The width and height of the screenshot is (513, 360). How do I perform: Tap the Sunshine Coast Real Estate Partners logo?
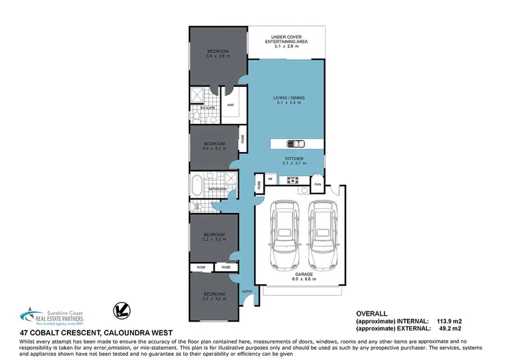(x=47, y=313)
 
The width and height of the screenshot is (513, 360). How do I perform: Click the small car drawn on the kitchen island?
(x=295, y=144)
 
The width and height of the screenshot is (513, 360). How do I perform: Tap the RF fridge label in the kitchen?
(x=271, y=179)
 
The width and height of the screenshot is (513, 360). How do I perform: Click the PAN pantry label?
(x=317, y=185)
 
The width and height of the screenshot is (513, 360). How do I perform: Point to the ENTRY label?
(x=247, y=292)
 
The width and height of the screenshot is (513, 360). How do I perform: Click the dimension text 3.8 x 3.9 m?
(x=218, y=56)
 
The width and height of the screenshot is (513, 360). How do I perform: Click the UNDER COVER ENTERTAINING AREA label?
(x=287, y=40)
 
